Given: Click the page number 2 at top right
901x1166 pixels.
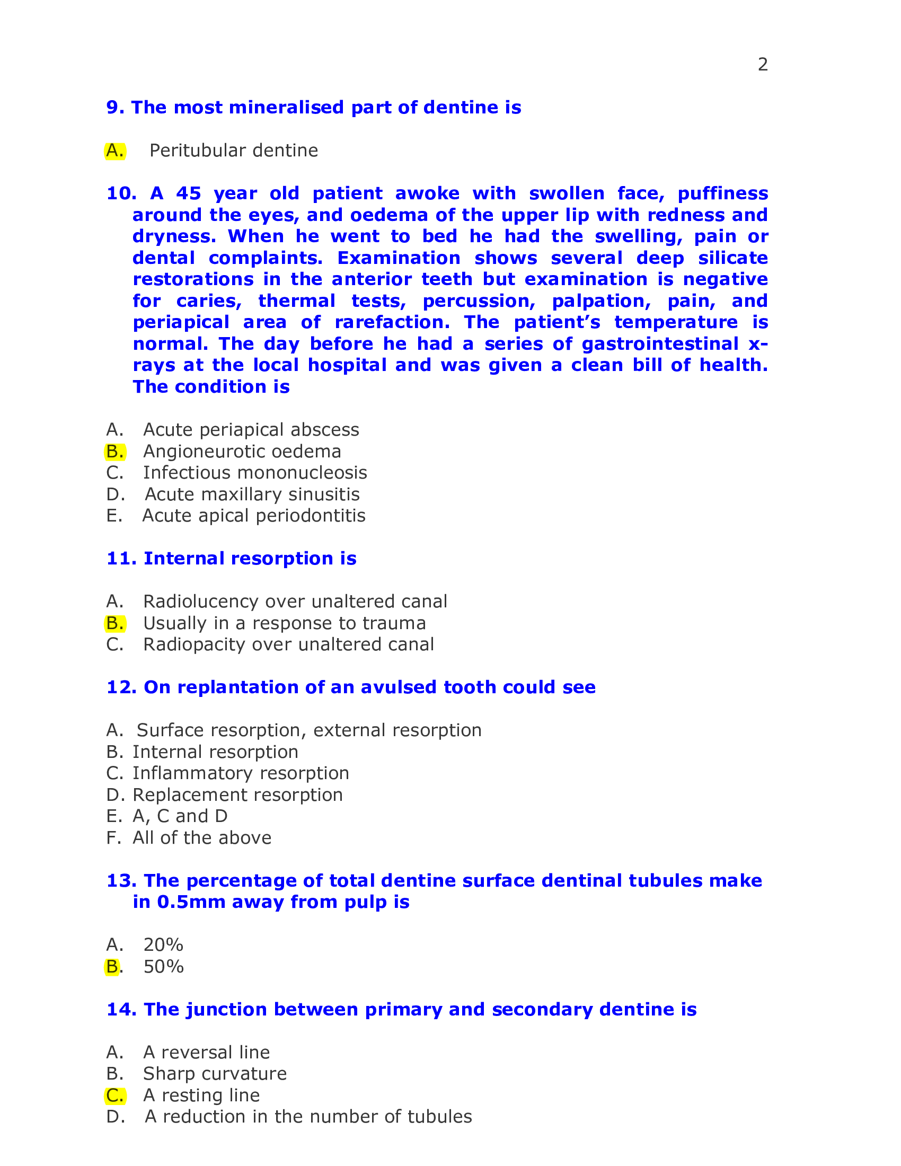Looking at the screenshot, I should [x=762, y=65].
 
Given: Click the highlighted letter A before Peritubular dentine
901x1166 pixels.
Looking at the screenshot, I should [x=115, y=151].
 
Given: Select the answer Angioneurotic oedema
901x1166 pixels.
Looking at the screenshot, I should [x=242, y=452].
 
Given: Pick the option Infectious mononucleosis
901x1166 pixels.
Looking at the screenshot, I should [x=254, y=473].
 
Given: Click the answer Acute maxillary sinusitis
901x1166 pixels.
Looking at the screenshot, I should [x=252, y=494].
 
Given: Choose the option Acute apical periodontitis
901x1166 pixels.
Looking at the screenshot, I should [x=253, y=516].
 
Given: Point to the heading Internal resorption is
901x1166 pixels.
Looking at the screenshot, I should [x=231, y=559].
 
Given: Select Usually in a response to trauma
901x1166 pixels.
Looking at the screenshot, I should [x=284, y=623].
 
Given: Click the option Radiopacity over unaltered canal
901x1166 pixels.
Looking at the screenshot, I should [x=288, y=644].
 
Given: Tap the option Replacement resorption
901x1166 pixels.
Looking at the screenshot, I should [x=237, y=795].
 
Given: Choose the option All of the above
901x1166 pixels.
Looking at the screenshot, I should [x=202, y=837].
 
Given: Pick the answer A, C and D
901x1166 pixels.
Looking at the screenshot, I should [x=180, y=816].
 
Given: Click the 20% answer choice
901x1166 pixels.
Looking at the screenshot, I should [x=163, y=945].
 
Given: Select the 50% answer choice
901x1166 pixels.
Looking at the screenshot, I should [x=163, y=967].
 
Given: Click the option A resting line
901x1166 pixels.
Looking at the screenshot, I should [x=201, y=1096].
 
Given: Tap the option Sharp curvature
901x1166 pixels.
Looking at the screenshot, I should [x=215, y=1074].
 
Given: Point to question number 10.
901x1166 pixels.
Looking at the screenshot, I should [x=120, y=193].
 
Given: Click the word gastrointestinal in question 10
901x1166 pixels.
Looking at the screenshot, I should [x=660, y=344].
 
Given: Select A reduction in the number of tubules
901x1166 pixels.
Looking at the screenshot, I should [x=308, y=1117].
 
